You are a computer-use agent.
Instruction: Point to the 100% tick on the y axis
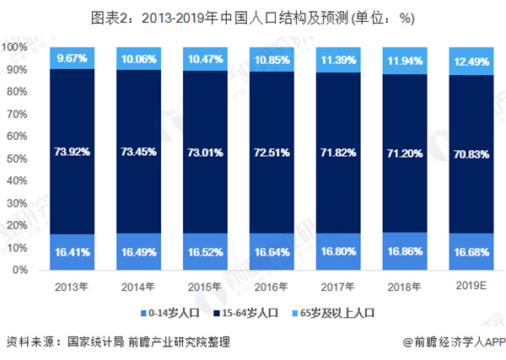coord(18,48)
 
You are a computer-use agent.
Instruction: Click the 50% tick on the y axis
coord(20,159)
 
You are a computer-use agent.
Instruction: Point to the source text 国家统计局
coord(94,341)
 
